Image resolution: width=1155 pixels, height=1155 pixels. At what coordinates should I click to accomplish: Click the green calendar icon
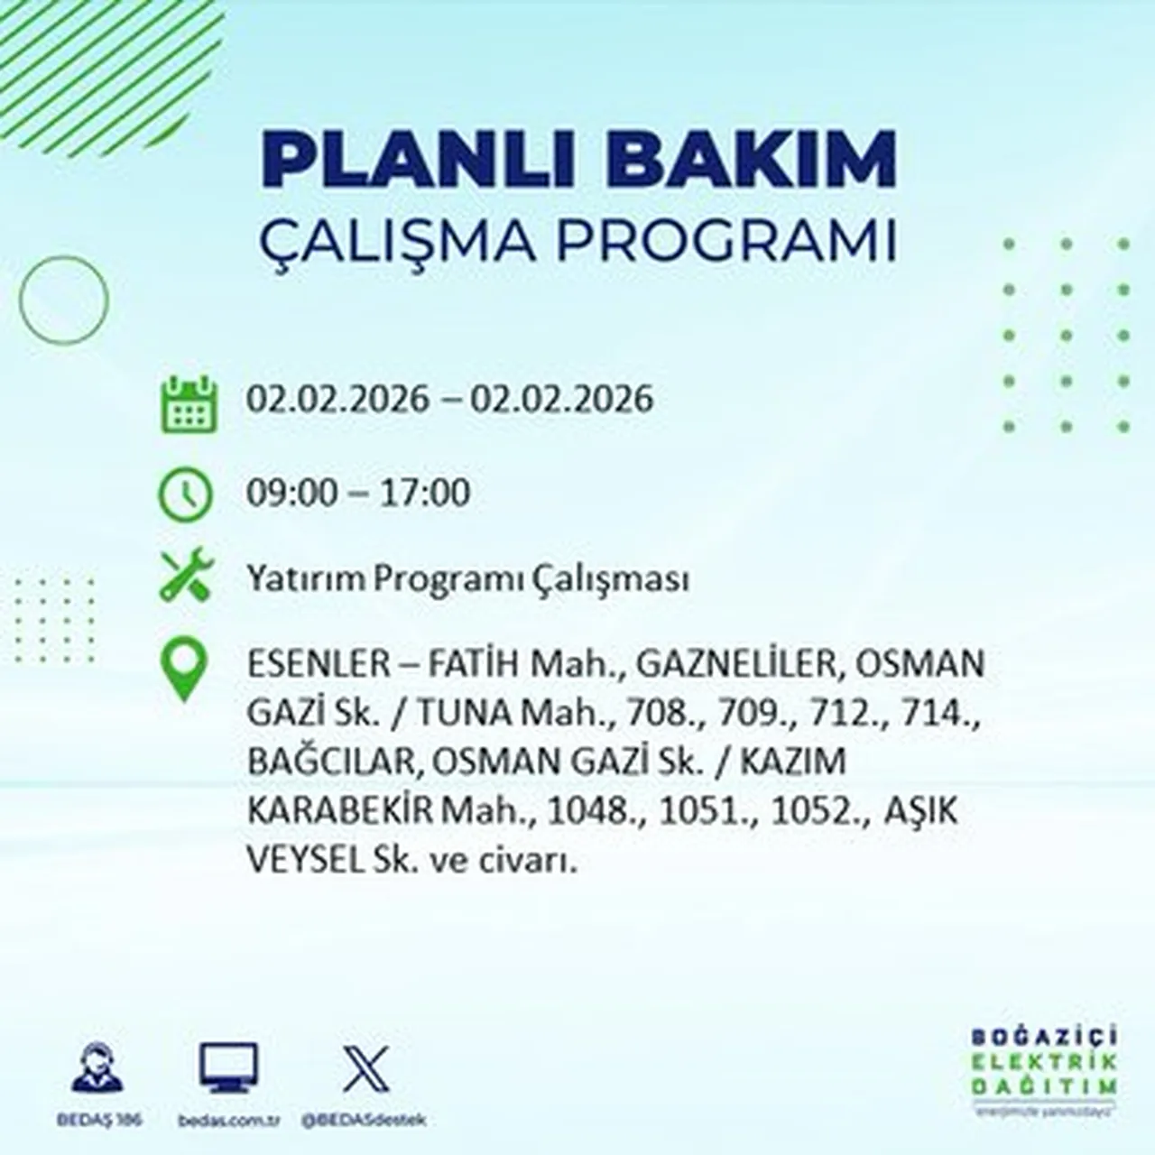[x=189, y=403]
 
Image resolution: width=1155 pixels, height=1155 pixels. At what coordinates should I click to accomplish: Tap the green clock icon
[x=185, y=494]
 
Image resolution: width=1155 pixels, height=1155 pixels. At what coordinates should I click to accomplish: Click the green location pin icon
[x=183, y=670]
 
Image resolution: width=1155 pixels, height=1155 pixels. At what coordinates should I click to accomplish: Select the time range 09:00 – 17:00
[x=358, y=493]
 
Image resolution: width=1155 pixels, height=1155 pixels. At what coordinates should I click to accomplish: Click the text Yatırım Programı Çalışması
[x=467, y=578]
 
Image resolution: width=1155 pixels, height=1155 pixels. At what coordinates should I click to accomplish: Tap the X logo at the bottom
[x=366, y=1069]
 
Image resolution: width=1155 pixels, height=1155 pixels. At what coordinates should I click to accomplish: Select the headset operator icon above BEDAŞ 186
[x=97, y=1069]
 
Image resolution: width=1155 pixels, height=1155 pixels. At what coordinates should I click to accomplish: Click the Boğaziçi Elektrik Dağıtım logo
[x=1045, y=1072]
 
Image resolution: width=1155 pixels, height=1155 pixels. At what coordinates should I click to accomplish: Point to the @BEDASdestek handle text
[x=365, y=1120]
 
